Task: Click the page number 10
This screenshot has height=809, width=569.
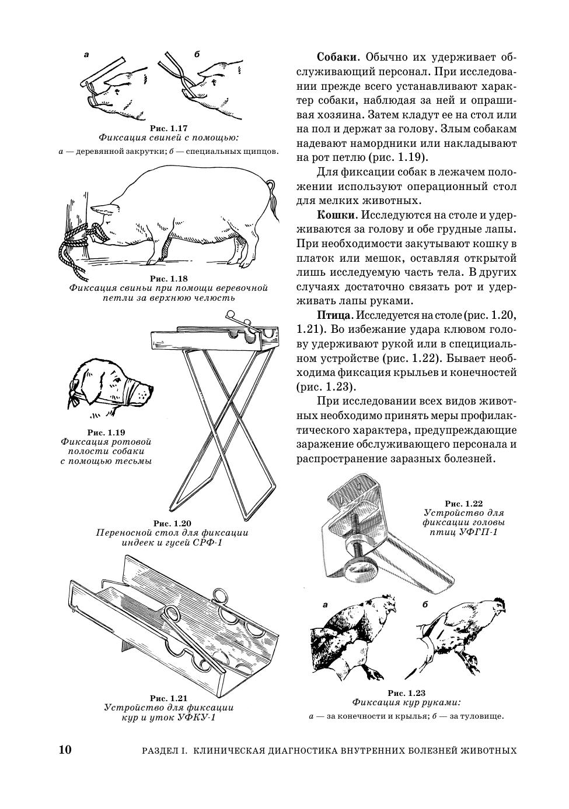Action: tap(65, 749)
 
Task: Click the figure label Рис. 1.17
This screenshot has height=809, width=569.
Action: tap(169, 128)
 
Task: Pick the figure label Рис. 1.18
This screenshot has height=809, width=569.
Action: tap(169, 279)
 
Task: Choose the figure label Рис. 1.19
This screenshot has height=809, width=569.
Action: tap(106, 432)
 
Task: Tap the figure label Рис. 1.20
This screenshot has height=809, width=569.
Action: tap(172, 523)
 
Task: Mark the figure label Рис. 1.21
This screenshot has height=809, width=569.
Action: tap(169, 698)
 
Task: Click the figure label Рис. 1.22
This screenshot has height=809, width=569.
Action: tap(464, 503)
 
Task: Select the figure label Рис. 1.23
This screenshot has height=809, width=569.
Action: tap(406, 693)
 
